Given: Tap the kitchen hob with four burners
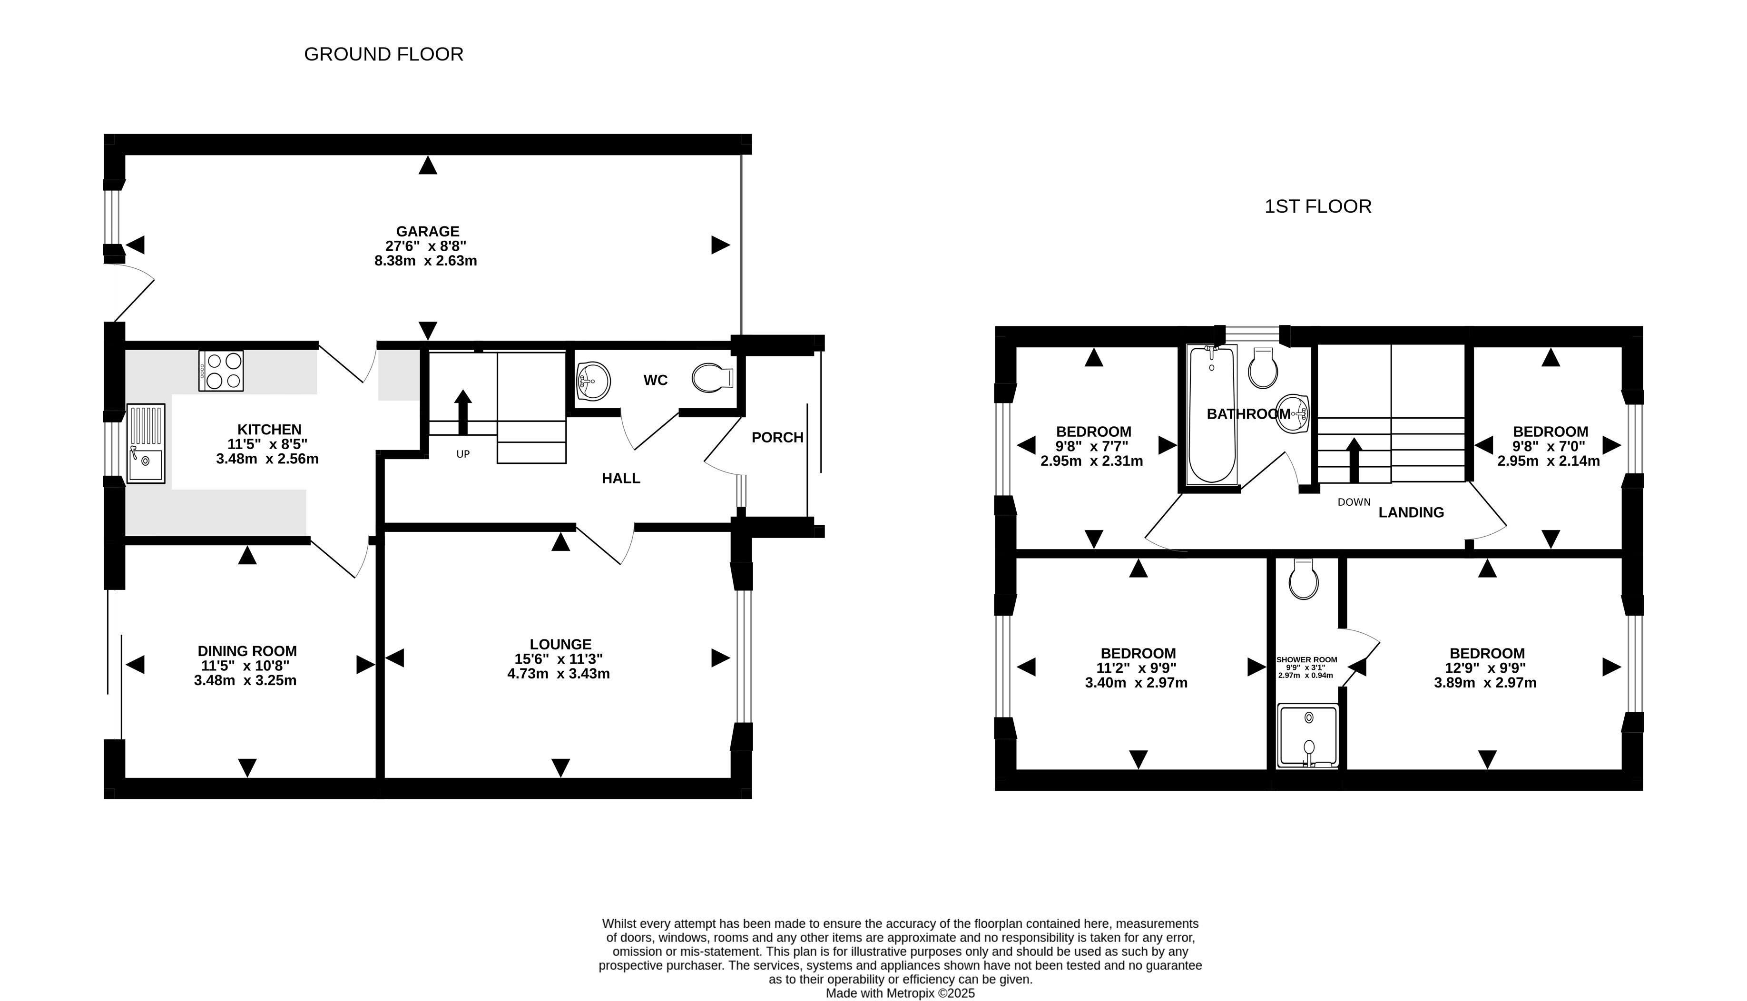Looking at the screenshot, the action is click(x=221, y=371).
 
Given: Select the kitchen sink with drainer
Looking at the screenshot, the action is click(x=146, y=443).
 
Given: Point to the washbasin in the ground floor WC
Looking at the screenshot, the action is click(x=593, y=381).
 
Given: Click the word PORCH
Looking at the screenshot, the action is click(x=777, y=437).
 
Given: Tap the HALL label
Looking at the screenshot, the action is click(x=621, y=479).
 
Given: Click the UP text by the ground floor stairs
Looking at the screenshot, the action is click(x=463, y=454).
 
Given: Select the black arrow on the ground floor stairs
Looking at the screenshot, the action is click(x=463, y=412).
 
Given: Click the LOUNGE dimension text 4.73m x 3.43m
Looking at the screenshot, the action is click(x=558, y=674).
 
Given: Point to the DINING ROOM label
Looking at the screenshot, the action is click(x=247, y=651).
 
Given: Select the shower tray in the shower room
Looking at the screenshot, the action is click(x=1308, y=736).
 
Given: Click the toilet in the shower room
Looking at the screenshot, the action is click(x=1304, y=579).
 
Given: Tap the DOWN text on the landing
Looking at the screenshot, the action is click(x=1354, y=502).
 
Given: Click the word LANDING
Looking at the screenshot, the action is click(x=1411, y=512).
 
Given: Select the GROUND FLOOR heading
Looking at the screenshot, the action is click(x=383, y=54).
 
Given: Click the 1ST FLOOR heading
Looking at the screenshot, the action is click(x=1318, y=207).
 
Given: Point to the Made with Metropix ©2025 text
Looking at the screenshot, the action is click(x=900, y=993).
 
